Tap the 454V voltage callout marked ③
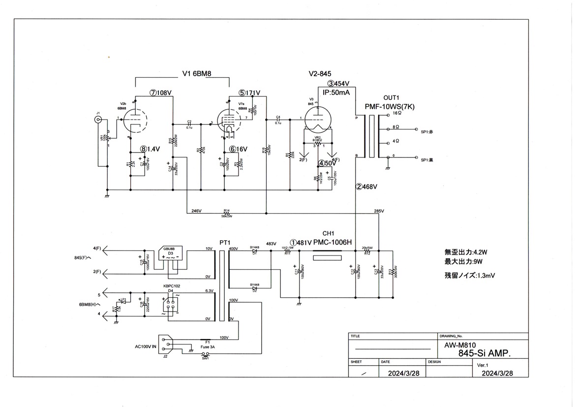click(339, 84)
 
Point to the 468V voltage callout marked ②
click(366, 187)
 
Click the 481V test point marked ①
click(301, 242)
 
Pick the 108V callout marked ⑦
click(162, 92)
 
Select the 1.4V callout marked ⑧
click(150, 148)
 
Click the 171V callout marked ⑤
click(249, 92)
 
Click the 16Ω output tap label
click(397, 113)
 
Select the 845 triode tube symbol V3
click(317, 118)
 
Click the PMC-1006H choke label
click(333, 242)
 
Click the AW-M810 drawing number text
click(455, 345)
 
